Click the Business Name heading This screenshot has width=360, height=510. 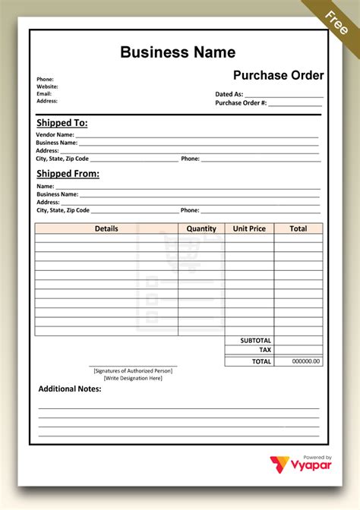pos(178,52)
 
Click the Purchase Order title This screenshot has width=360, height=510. pos(278,75)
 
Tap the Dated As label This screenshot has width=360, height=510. pos(229,94)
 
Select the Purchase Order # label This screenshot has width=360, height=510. pos(241,102)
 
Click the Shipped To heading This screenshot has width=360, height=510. pos(62,122)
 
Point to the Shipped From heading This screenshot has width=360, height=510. pos(68,173)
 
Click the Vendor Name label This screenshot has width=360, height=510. pos(55,134)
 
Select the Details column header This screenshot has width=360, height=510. pos(106,228)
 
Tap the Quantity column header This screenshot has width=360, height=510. pos(201,228)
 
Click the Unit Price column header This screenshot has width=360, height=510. pos(249,228)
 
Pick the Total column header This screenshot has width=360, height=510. pos(298,228)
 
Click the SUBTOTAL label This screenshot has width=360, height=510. pos(256,341)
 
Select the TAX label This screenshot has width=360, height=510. pos(265,351)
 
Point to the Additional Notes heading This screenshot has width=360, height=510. pos(70,389)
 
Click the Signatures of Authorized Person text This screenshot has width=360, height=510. pos(133,370)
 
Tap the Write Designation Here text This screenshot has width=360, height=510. pos(133,378)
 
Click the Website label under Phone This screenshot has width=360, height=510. pos(47,87)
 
